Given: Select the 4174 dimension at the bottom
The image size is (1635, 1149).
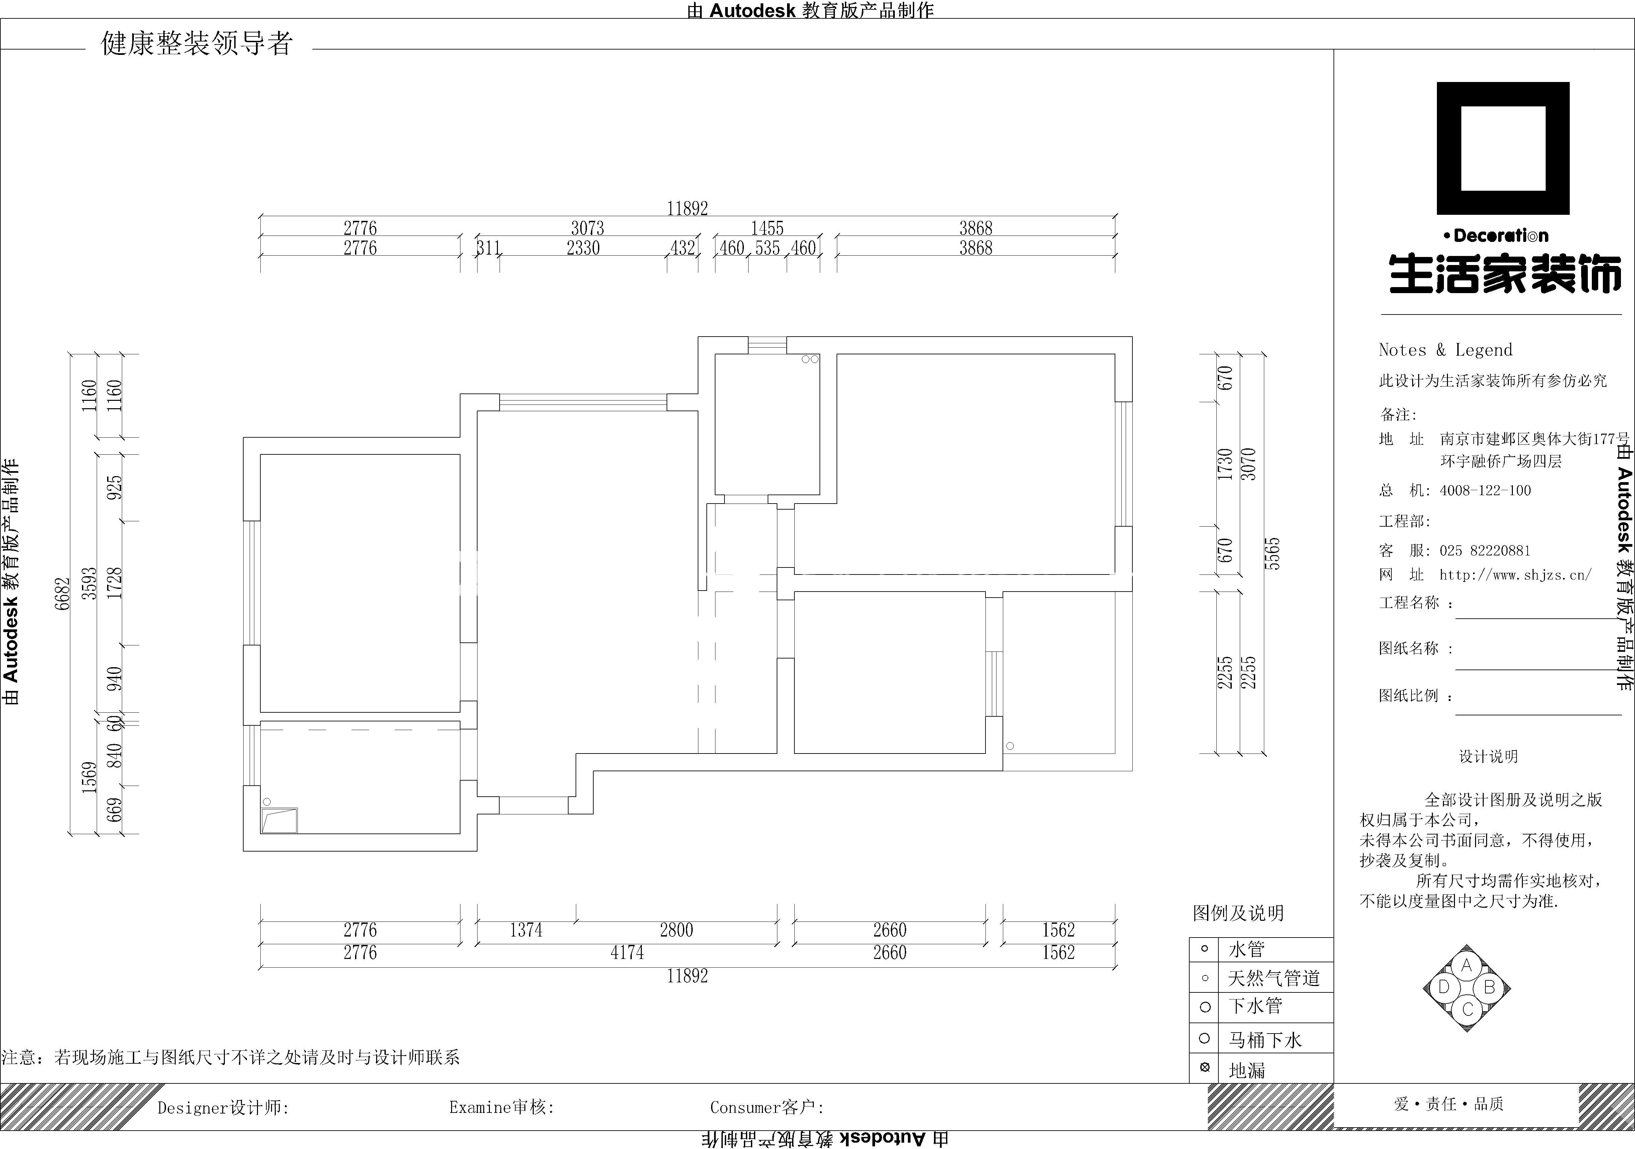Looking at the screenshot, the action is click(627, 953).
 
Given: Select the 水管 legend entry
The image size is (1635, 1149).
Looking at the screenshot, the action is click(1246, 949).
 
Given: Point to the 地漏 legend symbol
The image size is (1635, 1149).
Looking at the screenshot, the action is click(1205, 1067).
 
